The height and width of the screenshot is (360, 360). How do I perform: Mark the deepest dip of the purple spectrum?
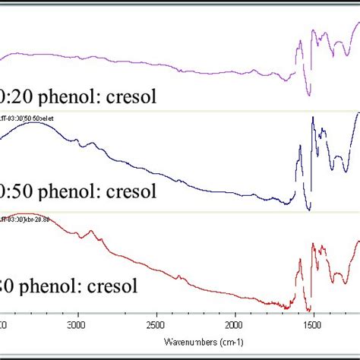[309, 95]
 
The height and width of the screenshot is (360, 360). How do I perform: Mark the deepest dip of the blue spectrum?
[309, 210]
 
